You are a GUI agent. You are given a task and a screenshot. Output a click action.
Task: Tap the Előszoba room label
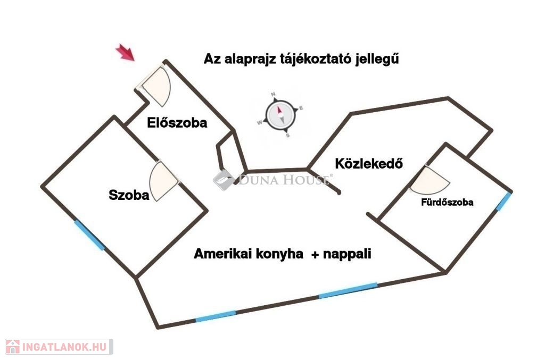tap(177, 122)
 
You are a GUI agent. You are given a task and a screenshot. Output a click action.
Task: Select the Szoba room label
tap(129, 195)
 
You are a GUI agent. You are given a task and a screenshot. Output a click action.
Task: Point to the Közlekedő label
tap(369, 163)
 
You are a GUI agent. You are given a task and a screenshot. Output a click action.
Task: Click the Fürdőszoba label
tap(447, 202)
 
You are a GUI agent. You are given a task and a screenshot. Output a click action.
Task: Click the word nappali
tap(347, 254)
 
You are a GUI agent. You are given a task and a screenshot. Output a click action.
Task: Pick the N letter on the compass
tap(274, 94)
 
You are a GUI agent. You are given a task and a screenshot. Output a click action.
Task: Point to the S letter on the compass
tap(287, 136)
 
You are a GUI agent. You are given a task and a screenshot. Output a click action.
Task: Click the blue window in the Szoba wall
tap(89, 235)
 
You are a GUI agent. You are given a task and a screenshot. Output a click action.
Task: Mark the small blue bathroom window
tap(503, 202)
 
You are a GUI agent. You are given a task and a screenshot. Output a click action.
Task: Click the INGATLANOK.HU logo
tap(59, 347)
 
